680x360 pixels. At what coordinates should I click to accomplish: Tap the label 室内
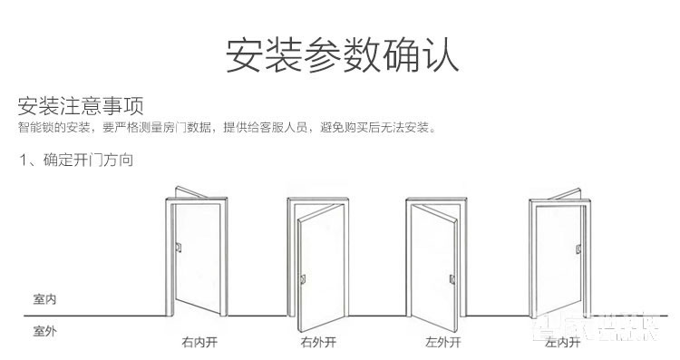point(44,299)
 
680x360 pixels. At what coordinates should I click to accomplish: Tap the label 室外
point(44,331)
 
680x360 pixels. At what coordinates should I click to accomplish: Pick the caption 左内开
point(562,344)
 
